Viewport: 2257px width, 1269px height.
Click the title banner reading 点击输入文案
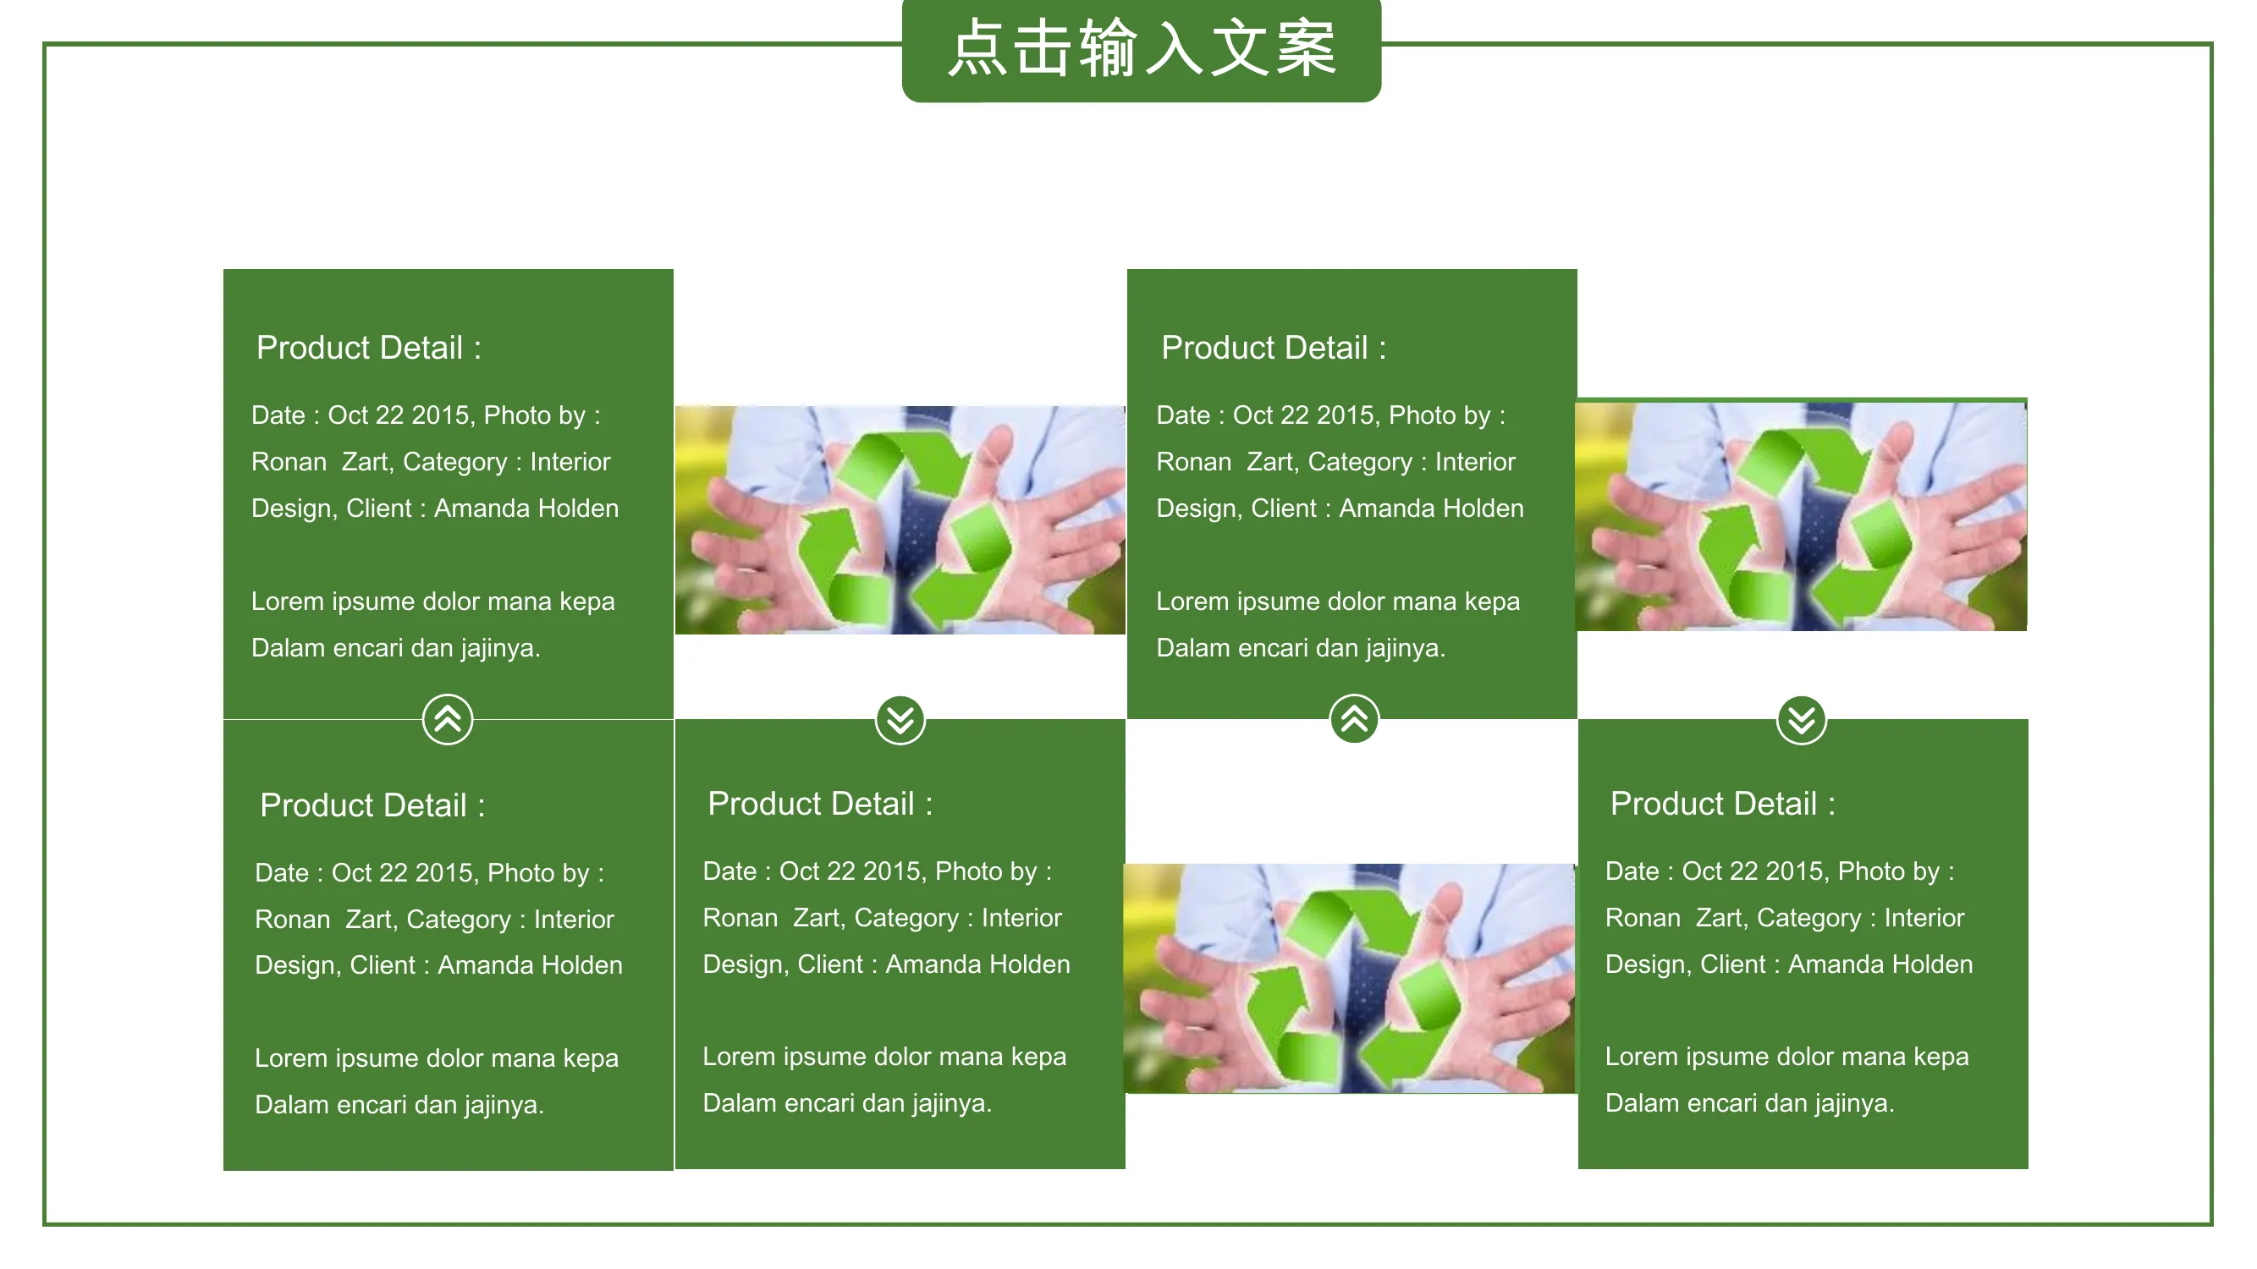pyautogui.click(x=1141, y=50)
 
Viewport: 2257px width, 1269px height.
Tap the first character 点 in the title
pyautogui.click(x=977, y=48)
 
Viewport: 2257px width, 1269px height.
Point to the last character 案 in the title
pyautogui.click(x=1306, y=48)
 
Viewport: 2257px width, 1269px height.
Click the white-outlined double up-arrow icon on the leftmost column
pyautogui.click(x=448, y=719)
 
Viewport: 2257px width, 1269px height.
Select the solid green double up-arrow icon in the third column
pyautogui.click(x=1355, y=719)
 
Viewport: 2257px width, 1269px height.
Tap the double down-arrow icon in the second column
pyautogui.click(x=900, y=721)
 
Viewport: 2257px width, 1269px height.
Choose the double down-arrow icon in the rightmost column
pyautogui.click(x=1802, y=721)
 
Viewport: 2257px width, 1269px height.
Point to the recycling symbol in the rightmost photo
pyautogui.click(x=1803, y=524)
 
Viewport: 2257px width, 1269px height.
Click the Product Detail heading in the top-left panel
pyautogui.click(x=369, y=348)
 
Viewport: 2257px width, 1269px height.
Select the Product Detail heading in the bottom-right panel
pyautogui.click(x=1722, y=804)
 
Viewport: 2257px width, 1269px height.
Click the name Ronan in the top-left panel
pyautogui.click(x=289, y=462)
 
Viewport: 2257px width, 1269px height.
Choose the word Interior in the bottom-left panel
pyautogui.click(x=574, y=920)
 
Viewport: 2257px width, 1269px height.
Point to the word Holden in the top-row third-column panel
pyautogui.click(x=1484, y=508)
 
